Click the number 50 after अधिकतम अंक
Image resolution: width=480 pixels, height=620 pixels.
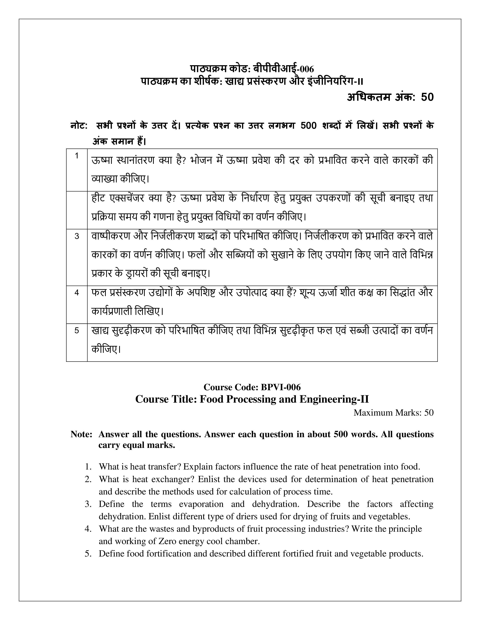coord(427,97)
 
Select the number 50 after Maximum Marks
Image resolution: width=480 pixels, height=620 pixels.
coord(429,412)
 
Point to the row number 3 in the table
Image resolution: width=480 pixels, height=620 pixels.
coord(76,236)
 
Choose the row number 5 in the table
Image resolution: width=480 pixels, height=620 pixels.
coord(76,330)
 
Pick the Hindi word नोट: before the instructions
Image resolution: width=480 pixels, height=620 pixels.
coord(79,126)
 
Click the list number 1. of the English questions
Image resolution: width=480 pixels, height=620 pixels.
coord(88,467)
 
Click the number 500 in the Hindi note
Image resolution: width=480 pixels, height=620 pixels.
coord(308,126)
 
